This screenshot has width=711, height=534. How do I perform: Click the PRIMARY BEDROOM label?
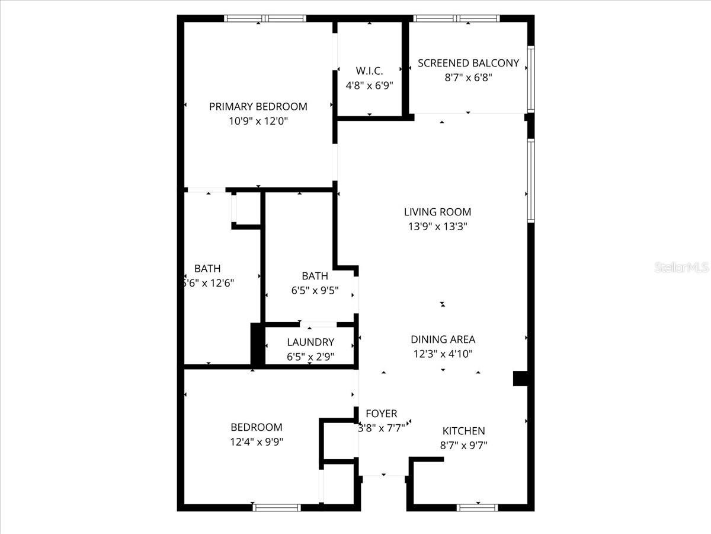pos(258,107)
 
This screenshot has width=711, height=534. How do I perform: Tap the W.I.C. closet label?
pos(369,71)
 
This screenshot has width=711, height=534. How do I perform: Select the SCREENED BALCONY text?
pos(468,63)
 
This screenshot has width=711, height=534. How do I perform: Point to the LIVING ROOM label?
pos(437,212)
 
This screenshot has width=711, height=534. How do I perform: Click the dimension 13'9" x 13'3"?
pos(437,226)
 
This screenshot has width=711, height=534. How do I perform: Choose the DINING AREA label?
pos(443,339)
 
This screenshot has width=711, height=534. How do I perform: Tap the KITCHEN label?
pos(463,431)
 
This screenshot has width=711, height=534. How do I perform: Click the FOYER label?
pos(381,414)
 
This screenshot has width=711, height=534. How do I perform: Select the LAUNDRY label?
pos(310,342)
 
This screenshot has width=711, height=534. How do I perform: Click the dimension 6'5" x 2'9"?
pos(310,357)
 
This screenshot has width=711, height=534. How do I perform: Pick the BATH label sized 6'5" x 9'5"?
pos(315,276)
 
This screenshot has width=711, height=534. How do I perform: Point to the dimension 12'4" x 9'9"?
pos(257,441)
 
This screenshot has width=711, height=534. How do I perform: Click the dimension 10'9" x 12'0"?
pos(258,121)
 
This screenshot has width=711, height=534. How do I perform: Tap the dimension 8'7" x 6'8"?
pos(468,77)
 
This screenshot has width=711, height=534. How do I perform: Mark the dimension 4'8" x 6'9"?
pos(369,85)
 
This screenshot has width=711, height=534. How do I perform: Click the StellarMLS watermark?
pos(681,268)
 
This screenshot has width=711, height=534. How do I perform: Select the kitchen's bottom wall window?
pos(478,507)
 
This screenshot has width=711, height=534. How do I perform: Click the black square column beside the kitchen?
pos(520,379)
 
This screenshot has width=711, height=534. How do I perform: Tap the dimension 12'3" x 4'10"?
pos(443,354)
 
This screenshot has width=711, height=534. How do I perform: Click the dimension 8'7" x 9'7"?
pos(463,445)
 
